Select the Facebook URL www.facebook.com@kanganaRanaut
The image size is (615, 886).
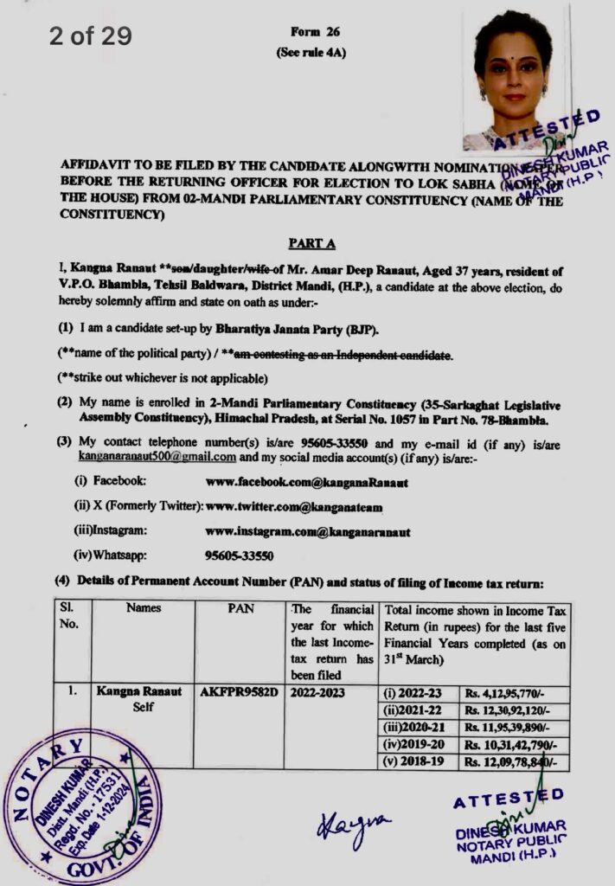307,482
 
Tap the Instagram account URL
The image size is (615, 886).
308,531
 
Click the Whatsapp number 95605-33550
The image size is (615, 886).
240,555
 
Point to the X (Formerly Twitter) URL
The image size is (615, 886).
294,506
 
